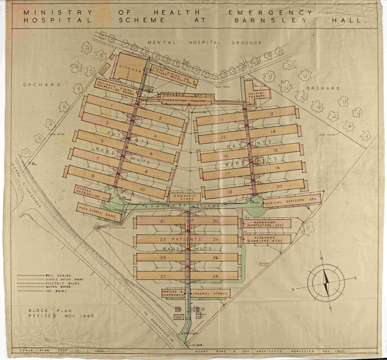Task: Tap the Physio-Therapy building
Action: click(257, 94)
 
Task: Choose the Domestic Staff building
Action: click(184, 197)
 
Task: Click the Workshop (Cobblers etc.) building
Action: click(268, 239)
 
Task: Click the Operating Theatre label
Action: click(187, 101)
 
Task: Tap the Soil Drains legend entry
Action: click(56, 275)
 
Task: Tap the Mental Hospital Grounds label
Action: click(204, 43)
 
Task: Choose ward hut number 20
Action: click(279, 186)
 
